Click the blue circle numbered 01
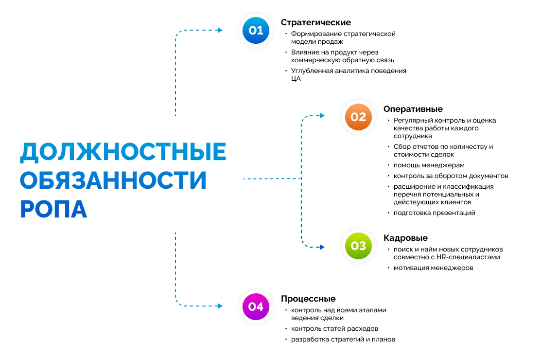(x=256, y=30)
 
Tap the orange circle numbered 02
(x=358, y=117)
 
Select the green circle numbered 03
(x=358, y=246)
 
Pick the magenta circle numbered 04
(x=256, y=306)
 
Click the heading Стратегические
(x=316, y=22)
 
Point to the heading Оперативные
(x=413, y=109)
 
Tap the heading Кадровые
(x=405, y=238)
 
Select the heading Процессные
(x=308, y=299)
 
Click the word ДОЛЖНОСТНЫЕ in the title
(x=123, y=152)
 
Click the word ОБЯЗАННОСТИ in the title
(x=113, y=180)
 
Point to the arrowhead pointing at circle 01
(x=220, y=30)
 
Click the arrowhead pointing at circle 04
(x=220, y=306)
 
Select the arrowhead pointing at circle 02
(x=322, y=116)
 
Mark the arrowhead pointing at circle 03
(x=322, y=247)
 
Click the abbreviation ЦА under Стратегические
(x=296, y=78)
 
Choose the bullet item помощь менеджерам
(x=429, y=165)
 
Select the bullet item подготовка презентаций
(x=434, y=213)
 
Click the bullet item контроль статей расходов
(x=334, y=328)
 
